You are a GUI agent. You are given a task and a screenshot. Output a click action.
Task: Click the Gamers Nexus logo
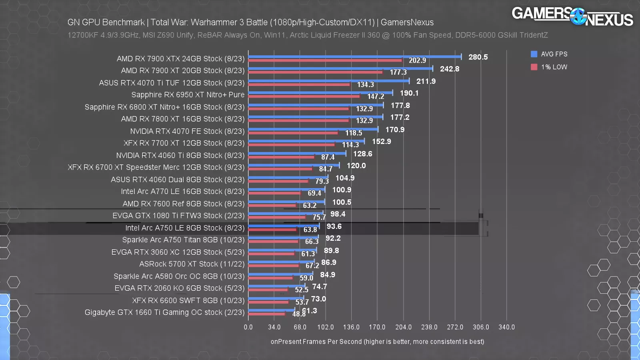[x=572, y=16]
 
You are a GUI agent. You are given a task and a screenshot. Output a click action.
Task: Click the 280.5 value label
[x=478, y=57]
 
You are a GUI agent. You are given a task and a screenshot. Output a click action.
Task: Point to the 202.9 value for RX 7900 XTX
[x=417, y=60]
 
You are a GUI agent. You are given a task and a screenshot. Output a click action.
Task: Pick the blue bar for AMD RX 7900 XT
[x=340, y=69]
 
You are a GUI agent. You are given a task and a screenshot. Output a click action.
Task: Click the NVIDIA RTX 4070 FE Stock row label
[x=187, y=131]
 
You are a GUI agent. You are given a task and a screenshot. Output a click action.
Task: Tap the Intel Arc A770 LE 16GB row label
[x=182, y=192]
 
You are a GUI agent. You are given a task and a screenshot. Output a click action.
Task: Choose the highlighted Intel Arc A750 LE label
[x=184, y=228]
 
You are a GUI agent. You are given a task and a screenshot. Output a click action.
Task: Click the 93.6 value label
[x=334, y=226]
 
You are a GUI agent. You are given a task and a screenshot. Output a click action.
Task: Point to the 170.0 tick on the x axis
[x=377, y=327]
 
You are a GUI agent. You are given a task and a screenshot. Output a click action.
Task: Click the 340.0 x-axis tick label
[x=506, y=327]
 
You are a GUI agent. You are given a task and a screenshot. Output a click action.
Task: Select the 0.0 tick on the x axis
[x=248, y=327]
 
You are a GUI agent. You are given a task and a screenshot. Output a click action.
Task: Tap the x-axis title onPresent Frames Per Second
[x=377, y=342]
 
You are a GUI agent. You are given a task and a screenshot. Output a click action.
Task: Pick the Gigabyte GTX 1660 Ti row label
[x=164, y=312]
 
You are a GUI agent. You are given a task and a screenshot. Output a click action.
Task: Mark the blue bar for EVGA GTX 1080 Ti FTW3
[x=286, y=214]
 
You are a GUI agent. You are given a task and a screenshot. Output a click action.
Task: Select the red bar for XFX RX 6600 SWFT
[x=268, y=302]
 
